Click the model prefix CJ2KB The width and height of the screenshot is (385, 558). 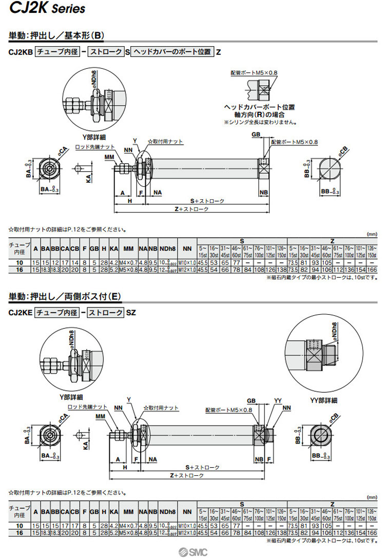(x=20, y=52)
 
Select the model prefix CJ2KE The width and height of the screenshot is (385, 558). (x=20, y=312)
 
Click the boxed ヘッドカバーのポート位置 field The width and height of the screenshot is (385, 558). (x=172, y=52)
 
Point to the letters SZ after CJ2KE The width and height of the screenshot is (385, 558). (x=131, y=312)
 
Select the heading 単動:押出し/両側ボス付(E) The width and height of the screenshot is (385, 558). (x=65, y=296)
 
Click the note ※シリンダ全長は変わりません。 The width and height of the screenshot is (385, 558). (x=260, y=122)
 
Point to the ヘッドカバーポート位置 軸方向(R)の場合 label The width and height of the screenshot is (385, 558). (x=260, y=111)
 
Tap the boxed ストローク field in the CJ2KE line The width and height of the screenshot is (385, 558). (x=104, y=312)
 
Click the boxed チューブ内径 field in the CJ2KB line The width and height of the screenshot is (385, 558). (x=56, y=52)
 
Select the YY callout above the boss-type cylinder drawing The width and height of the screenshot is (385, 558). (x=278, y=400)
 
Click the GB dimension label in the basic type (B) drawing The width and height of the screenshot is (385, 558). (x=256, y=134)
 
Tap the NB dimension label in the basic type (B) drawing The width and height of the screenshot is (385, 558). (x=263, y=192)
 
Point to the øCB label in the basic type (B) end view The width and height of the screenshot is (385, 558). (x=343, y=151)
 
